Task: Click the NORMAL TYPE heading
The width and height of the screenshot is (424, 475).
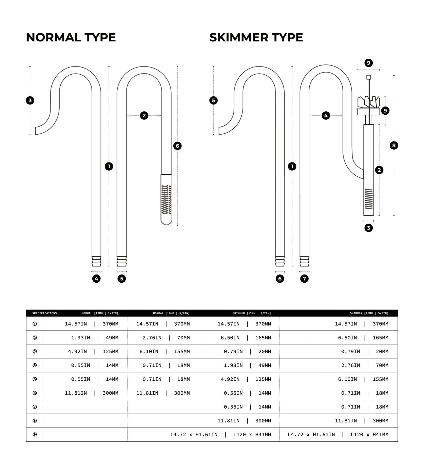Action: pyautogui.click(x=71, y=37)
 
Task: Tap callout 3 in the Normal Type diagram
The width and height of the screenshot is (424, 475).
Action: pyautogui.click(x=30, y=100)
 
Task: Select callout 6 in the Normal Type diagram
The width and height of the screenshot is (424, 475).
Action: pyautogui.click(x=177, y=146)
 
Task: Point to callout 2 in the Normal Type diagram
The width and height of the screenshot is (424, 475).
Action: pyautogui.click(x=144, y=116)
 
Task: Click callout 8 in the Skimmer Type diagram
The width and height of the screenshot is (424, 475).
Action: pyautogui.click(x=394, y=146)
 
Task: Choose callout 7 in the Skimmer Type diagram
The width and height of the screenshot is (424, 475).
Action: pyautogui.click(x=305, y=279)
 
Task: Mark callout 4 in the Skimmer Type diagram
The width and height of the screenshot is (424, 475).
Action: pyautogui.click(x=326, y=116)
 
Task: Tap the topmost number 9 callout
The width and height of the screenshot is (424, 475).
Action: pyautogui.click(x=369, y=63)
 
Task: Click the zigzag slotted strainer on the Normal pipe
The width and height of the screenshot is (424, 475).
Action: pyautogui.click(x=166, y=199)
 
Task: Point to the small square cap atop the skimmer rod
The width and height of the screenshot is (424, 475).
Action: pyautogui.click(x=369, y=77)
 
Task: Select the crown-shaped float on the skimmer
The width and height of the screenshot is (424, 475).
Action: pyautogui.click(x=369, y=102)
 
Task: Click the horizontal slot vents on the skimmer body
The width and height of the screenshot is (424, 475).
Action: pyautogui.click(x=368, y=199)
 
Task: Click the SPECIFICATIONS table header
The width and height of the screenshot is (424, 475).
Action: pyautogui.click(x=44, y=313)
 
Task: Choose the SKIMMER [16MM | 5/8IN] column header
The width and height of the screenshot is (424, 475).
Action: pyautogui.click(x=369, y=313)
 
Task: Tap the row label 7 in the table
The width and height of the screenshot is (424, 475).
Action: pyautogui.click(x=35, y=407)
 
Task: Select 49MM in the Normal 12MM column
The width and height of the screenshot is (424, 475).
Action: pyautogui.click(x=111, y=338)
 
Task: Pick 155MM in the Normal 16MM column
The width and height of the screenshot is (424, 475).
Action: pyautogui.click(x=182, y=351)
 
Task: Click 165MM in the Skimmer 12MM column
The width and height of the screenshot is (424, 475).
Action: pyautogui.click(x=263, y=338)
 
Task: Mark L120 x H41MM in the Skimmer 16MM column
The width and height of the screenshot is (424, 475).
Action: pyautogui.click(x=369, y=435)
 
